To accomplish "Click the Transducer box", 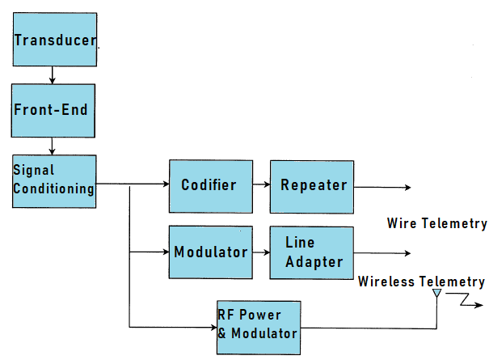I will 54,40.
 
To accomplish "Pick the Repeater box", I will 312,185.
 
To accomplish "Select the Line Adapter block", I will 312,252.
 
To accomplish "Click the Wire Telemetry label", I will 436,223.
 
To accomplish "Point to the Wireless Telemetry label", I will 421,282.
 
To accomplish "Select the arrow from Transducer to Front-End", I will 53,75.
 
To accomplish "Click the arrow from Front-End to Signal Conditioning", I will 53,146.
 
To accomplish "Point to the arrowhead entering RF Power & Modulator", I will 212,327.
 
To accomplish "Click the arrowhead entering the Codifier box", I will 164,185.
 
